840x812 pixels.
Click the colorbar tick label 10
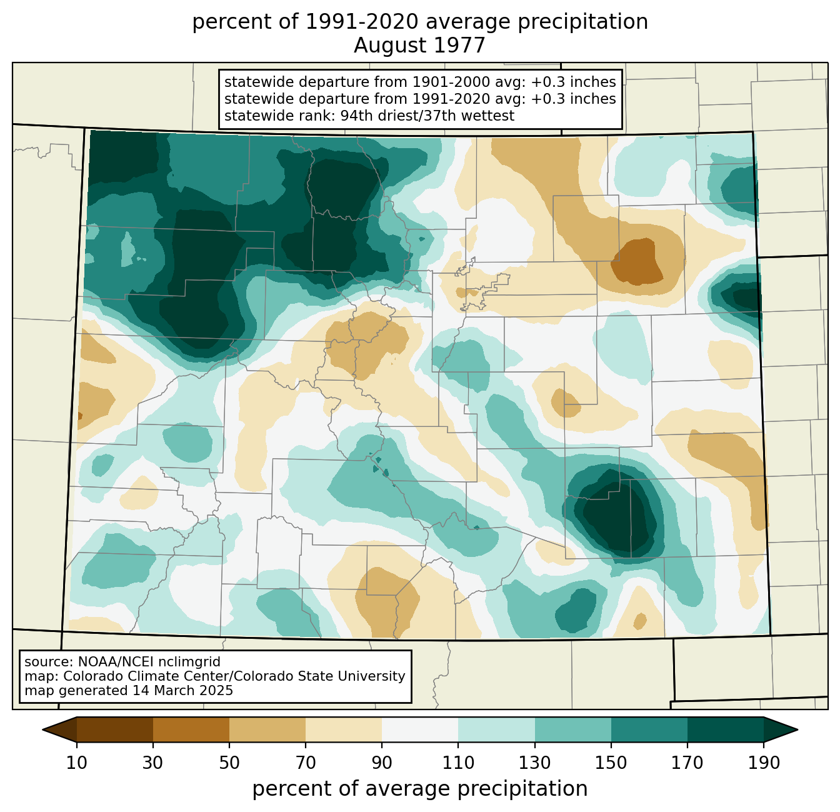pos(76,763)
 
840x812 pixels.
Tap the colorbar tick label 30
pos(152,763)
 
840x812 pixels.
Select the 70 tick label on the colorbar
pos(306,763)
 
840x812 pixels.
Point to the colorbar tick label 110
pos(458,763)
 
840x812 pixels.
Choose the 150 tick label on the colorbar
pos(611,763)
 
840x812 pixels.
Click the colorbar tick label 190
pos(764,763)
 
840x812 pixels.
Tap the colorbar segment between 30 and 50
pos(191,729)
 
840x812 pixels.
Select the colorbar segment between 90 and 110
pos(420,729)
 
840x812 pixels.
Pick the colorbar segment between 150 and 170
pos(649,729)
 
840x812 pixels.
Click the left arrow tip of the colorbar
pos(42,729)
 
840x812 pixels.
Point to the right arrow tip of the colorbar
pos(797,729)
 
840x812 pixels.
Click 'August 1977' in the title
pos(419,46)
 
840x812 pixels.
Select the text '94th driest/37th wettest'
pos(427,116)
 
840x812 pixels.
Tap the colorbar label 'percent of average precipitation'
pos(419,789)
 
